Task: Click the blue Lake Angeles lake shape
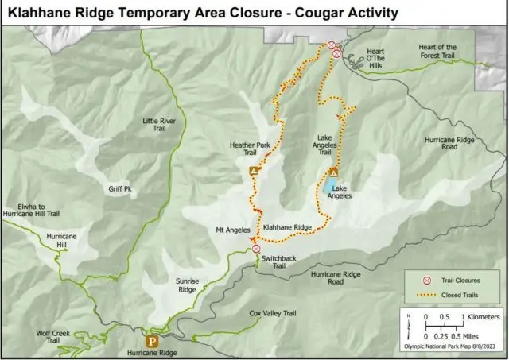tap(328, 187)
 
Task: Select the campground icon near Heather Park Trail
tap(254, 171)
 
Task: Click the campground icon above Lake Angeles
tap(333, 172)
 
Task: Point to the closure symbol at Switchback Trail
tap(256, 249)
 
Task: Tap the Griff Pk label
tap(119, 189)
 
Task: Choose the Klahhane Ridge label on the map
tap(287, 227)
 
